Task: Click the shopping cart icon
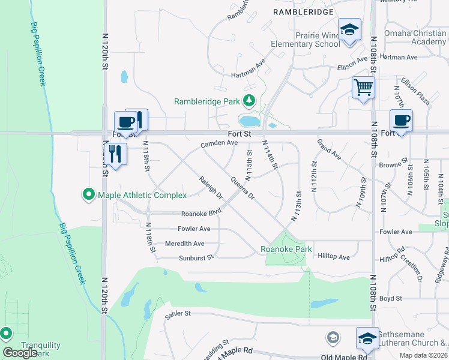(363, 88)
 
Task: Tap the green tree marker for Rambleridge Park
(248, 101)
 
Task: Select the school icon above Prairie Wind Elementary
(349, 29)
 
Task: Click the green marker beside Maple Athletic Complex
(89, 194)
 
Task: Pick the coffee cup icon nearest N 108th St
(401, 121)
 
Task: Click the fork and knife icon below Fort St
(114, 154)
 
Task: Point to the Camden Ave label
(219, 143)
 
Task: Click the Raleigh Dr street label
(211, 188)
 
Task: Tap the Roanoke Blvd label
(202, 212)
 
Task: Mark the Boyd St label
(390, 298)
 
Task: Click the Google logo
(20, 352)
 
